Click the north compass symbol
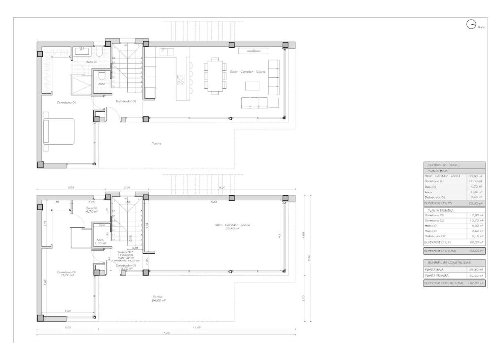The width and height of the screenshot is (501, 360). [471, 25]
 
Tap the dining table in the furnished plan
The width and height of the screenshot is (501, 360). [215, 76]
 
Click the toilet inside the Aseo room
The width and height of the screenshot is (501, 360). [102, 75]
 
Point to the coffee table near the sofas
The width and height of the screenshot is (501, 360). [252, 86]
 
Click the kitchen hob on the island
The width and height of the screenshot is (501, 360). [180, 79]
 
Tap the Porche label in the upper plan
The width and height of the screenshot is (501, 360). [156, 143]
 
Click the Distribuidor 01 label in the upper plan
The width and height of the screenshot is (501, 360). [126, 101]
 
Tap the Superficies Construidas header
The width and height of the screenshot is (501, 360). [449, 262]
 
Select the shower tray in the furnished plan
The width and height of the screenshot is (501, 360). [80, 84]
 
